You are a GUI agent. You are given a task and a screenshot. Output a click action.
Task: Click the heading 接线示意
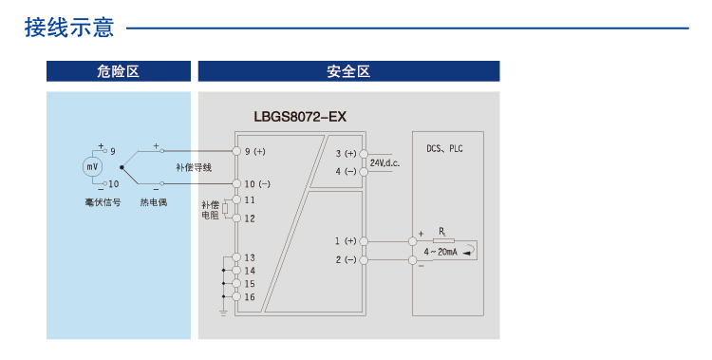pyautogui.click(x=69, y=28)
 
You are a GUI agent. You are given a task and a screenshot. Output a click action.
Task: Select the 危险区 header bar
pyautogui.click(x=119, y=71)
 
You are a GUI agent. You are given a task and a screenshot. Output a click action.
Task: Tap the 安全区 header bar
pyautogui.click(x=347, y=71)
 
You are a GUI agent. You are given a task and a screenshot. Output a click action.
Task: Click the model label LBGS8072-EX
pyautogui.click(x=300, y=118)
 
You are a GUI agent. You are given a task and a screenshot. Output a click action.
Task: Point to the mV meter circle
pyautogui.click(x=92, y=167)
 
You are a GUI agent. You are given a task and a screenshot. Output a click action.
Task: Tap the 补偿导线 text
pyautogui.click(x=194, y=167)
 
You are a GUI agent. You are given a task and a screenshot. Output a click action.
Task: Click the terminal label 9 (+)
pyautogui.click(x=255, y=151)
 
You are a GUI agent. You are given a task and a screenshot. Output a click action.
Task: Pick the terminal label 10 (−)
pyautogui.click(x=257, y=183)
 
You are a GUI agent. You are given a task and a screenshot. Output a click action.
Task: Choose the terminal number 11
pyautogui.click(x=250, y=199)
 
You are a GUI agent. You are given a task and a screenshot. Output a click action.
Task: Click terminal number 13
pyautogui.click(x=250, y=257)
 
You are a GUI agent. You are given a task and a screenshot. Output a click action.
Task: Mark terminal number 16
pyautogui.click(x=250, y=297)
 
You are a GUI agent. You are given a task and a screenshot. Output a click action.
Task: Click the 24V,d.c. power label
pyautogui.click(x=385, y=163)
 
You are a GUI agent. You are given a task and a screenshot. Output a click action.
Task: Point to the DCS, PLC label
pyautogui.click(x=444, y=148)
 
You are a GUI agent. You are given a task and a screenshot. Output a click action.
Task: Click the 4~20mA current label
pyautogui.click(x=442, y=252)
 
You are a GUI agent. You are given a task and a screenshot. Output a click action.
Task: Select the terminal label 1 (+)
pyautogui.click(x=346, y=241)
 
